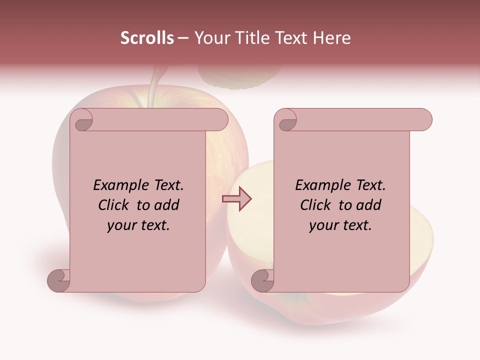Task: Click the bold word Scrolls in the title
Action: click(x=147, y=38)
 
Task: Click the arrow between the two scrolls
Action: click(x=237, y=199)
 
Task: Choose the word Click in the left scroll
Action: click(x=114, y=205)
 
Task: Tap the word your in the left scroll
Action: click(x=120, y=226)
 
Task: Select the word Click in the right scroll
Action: click(x=316, y=205)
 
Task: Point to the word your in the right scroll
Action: click(x=322, y=226)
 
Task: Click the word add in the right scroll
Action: click(x=369, y=205)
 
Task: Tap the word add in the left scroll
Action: click(x=167, y=205)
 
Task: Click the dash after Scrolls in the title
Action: click(x=183, y=38)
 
